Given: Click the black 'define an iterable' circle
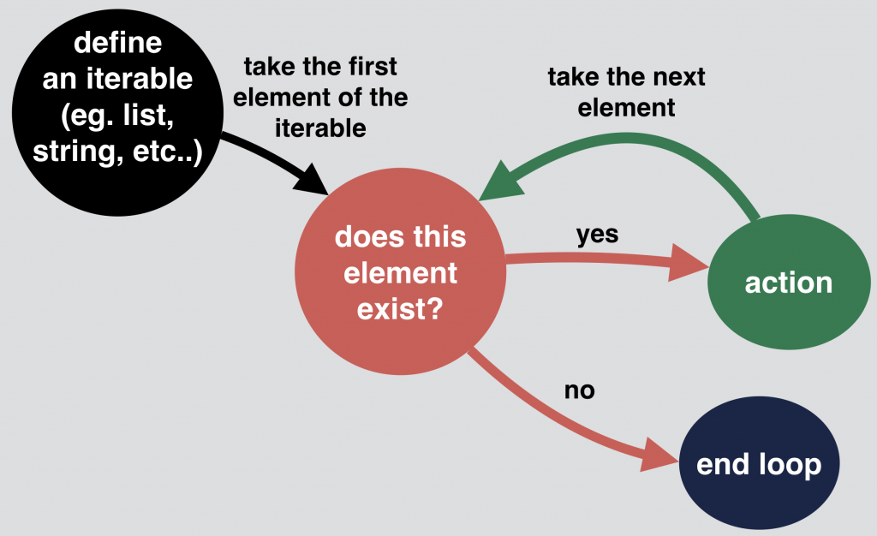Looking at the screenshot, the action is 117,112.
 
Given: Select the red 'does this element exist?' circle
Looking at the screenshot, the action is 401,271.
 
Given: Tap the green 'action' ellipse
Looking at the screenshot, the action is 789,282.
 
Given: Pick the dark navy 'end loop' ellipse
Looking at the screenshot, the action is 759,462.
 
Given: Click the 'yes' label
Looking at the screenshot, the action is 597,235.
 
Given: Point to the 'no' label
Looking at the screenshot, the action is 580,390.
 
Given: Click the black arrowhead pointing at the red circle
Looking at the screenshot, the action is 313,180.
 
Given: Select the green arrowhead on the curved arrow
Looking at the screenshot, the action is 500,182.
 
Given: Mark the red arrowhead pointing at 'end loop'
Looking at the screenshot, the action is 660,455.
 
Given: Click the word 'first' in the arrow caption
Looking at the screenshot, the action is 373,67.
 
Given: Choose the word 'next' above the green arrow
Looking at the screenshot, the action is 680,77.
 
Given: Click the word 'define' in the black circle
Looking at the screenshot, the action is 117,43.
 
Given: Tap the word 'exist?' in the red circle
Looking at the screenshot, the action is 400,309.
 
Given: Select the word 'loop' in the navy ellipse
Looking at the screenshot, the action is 790,465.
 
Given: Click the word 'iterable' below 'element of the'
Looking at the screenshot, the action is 320,128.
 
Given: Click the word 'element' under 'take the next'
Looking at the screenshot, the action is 626,108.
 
